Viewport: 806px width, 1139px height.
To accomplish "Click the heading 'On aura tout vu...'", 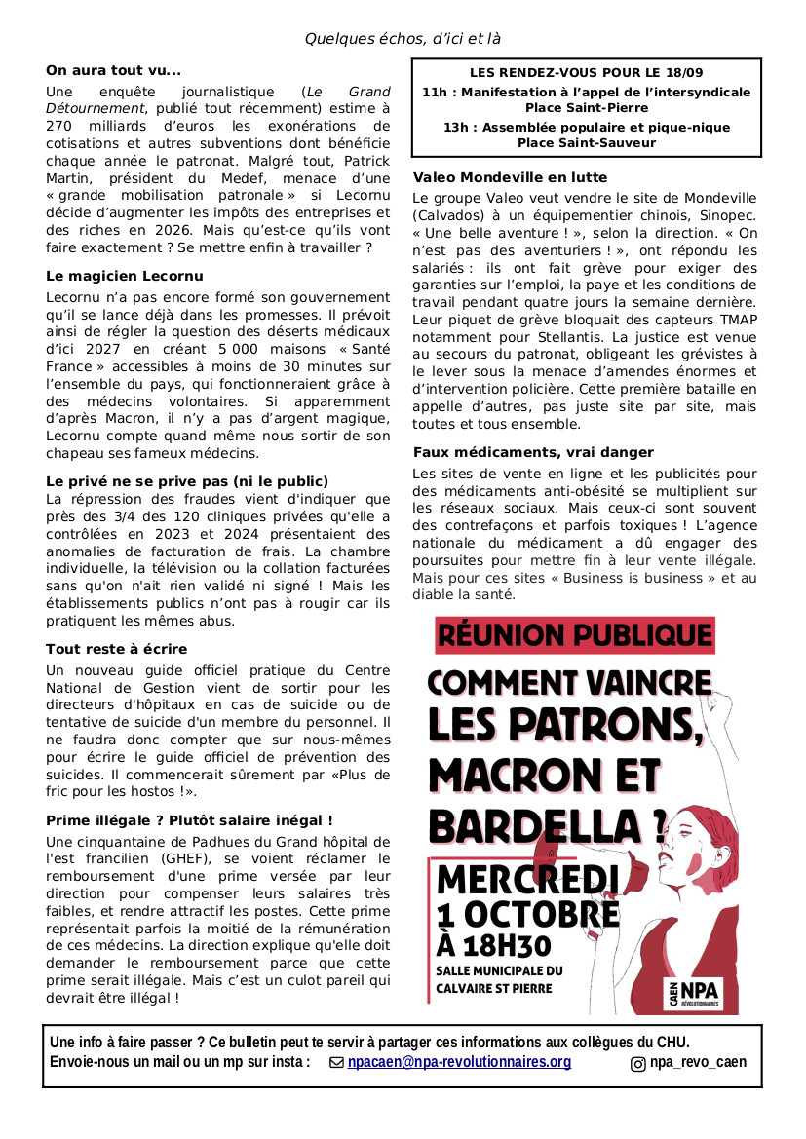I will (x=113, y=70).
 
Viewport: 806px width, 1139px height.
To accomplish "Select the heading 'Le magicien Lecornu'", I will (x=124, y=276).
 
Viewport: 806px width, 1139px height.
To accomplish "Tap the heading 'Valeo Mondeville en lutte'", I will (x=510, y=177).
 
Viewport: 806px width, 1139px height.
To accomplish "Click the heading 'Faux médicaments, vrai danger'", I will (x=533, y=452).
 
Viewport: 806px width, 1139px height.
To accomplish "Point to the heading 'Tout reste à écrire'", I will (x=116, y=649).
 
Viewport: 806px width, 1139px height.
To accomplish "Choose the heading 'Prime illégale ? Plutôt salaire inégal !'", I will (x=189, y=820).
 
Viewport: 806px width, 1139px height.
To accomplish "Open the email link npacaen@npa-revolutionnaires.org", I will (x=459, y=1062).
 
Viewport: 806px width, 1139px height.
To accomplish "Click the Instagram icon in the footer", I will (x=638, y=1063).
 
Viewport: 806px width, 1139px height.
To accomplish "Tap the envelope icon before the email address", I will (x=337, y=1063).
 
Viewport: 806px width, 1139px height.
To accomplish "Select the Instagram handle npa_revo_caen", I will (x=698, y=1062).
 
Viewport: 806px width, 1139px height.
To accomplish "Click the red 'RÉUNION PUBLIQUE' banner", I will (x=574, y=635).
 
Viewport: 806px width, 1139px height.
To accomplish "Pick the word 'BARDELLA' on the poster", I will (x=541, y=826).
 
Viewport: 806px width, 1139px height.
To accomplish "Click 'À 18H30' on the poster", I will (x=494, y=945).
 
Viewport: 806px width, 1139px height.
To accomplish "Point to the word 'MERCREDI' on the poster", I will (x=527, y=880).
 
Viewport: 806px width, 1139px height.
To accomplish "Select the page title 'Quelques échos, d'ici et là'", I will (x=403, y=39).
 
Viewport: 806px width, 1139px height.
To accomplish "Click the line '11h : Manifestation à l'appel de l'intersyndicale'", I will (x=587, y=92).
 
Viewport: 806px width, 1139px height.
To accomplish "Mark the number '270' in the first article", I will (x=59, y=126).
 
